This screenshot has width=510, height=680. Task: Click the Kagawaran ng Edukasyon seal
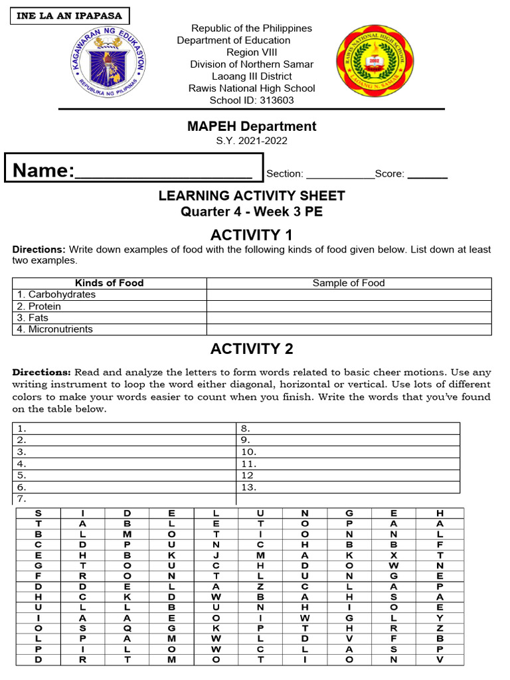[108, 64]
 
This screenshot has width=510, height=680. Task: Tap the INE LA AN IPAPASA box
[69, 16]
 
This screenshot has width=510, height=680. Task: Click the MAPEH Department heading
[252, 126]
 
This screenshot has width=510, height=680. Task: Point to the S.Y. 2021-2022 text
[252, 141]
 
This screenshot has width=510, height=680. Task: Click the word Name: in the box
[43, 171]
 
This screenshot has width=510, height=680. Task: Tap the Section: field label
[284, 174]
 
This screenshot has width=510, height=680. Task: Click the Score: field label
[389, 174]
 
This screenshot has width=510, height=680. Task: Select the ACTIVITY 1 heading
[252, 234]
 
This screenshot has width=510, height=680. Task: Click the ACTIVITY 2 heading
[252, 349]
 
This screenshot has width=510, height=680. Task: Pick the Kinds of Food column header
[110, 283]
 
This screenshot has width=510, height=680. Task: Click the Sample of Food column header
[349, 283]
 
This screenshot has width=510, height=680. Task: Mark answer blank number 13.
[348, 487]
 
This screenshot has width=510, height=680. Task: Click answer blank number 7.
[124, 499]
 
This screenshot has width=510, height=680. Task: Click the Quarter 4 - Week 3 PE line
[252, 212]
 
